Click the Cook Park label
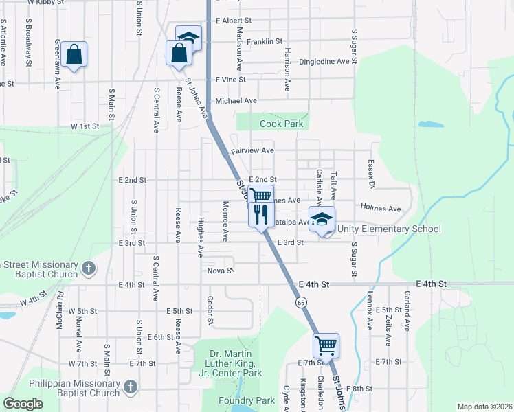click(281, 124)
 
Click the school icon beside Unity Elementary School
click(321, 220)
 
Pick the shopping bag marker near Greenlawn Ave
click(74, 54)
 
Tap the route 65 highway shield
click(302, 301)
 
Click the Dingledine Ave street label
click(324, 61)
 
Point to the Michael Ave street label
click(236, 100)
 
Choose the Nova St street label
click(221, 271)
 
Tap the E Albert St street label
click(233, 21)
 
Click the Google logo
click(23, 404)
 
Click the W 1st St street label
click(85, 126)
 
